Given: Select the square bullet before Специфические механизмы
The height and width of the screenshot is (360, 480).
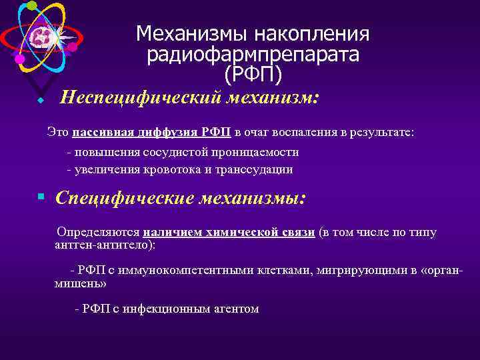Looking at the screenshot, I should [41, 197].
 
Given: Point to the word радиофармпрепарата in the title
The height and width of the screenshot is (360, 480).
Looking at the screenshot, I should [253, 54].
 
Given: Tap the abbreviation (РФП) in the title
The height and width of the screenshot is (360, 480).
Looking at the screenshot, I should [253, 73].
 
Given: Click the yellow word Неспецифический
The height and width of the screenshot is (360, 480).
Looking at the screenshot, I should [140, 99].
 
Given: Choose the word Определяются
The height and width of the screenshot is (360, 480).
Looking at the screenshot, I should [98, 233].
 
